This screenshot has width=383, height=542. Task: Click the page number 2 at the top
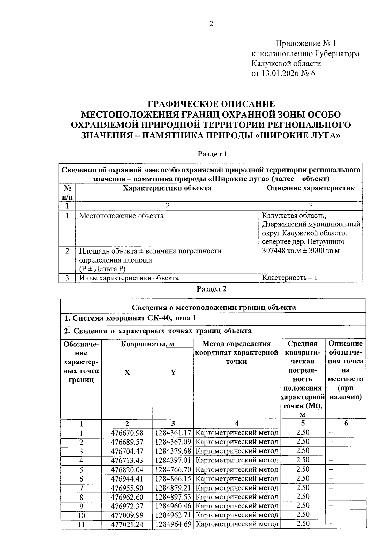pos(211,24)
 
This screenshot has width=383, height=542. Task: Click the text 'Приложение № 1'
pos(306,43)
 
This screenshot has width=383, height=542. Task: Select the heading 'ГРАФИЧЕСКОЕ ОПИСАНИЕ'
pos(211,104)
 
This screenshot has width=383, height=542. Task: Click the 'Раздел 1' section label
pos(212,154)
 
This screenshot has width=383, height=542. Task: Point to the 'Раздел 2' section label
pos(211,289)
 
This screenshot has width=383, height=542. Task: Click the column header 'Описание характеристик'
pos(310,188)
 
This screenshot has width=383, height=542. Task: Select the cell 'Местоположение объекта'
pos(121,216)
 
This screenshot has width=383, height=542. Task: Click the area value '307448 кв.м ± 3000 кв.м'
pos(301,251)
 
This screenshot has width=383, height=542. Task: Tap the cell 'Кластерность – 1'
pos(289,277)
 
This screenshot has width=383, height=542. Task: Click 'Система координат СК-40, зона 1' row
pos(131,318)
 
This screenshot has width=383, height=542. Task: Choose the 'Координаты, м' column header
pos(147,344)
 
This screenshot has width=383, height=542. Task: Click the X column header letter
pos(127,372)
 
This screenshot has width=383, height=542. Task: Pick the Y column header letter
pos(173,372)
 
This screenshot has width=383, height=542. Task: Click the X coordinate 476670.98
pos(127,433)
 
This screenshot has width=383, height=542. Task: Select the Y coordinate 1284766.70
pos(173,469)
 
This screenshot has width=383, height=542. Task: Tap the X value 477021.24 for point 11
pos(127,524)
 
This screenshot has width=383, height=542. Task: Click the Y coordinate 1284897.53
pos(173,497)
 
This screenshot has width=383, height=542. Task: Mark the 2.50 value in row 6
pos(303,478)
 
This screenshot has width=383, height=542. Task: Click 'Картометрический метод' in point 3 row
pos(237,451)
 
